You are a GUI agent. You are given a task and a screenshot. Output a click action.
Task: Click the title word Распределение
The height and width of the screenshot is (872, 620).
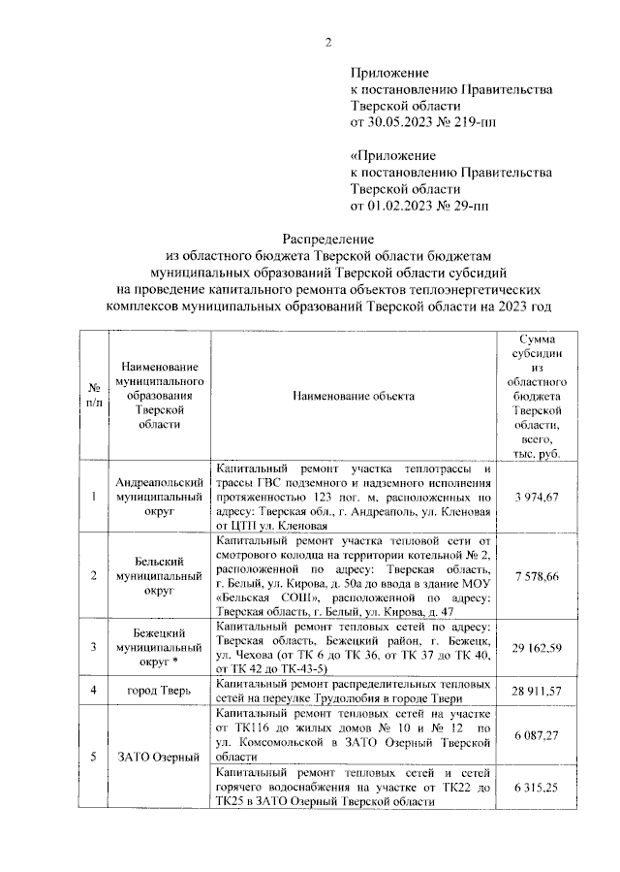pos(327,238)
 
